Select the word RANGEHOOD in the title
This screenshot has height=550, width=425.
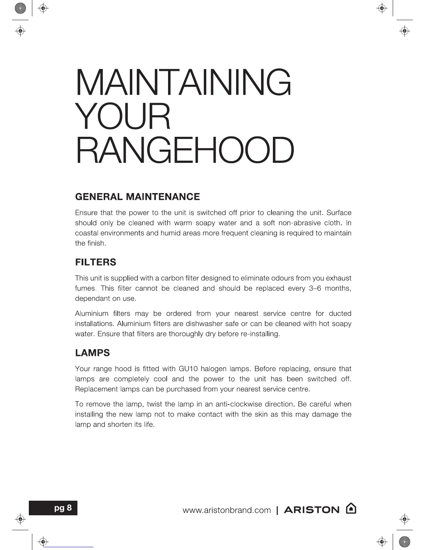184,151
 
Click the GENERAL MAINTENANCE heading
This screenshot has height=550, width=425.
137,197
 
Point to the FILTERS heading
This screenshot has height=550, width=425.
95,262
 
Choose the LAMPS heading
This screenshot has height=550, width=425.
92,353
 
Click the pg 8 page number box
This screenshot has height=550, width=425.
63,508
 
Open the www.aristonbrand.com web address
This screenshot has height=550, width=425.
226,510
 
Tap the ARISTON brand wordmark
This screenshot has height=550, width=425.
311,510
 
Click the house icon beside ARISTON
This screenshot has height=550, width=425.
351,509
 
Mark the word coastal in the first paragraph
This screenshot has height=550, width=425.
86,233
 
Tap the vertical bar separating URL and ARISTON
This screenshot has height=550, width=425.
277,510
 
